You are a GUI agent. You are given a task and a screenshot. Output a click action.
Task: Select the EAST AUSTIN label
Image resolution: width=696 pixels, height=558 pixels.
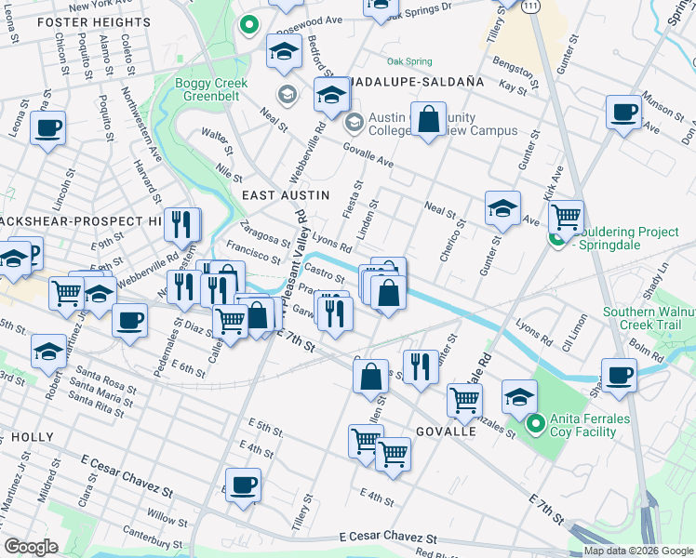(x=286, y=195)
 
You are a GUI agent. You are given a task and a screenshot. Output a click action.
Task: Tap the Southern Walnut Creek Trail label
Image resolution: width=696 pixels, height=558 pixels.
(x=648, y=318)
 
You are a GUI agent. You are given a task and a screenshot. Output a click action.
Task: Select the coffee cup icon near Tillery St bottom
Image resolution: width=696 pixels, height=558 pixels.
(x=244, y=485)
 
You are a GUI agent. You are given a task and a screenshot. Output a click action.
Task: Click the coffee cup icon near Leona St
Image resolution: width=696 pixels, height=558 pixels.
(x=47, y=127)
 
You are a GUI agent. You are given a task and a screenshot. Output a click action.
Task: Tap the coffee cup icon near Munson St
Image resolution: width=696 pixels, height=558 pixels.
(x=623, y=111)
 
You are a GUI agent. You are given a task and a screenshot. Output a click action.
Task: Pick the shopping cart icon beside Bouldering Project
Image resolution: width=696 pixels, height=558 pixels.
(x=565, y=217)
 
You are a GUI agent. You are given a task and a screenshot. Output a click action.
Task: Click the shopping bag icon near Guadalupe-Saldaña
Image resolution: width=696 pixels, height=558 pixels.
(x=428, y=120)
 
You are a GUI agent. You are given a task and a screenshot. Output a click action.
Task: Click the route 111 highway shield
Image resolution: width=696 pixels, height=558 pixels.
(x=529, y=6)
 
